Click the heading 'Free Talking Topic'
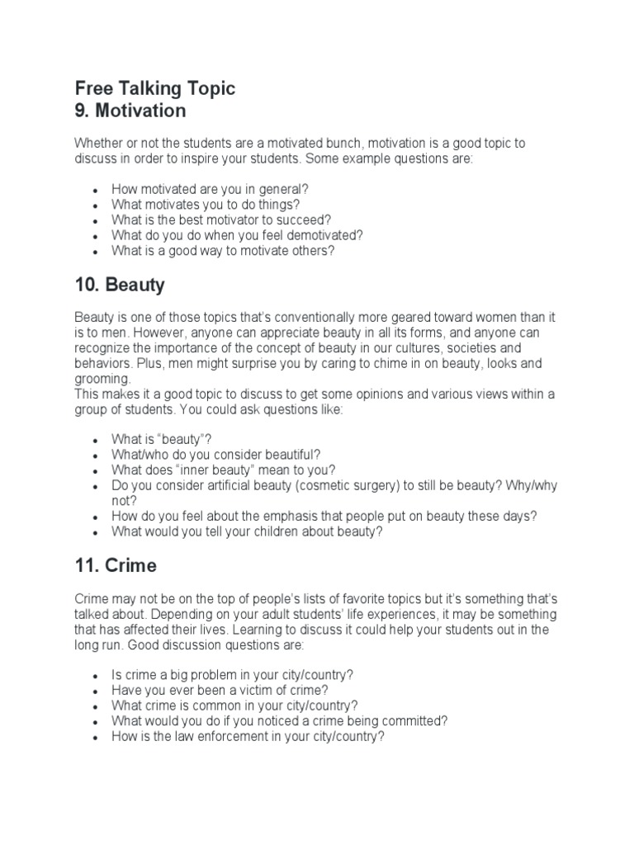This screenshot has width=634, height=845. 155,88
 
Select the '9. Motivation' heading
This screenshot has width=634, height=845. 130,111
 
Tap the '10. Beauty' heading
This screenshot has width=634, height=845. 120,286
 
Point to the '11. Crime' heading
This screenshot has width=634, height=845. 116,566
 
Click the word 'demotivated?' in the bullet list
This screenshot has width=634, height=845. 329,235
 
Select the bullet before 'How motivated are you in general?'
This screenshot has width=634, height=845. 97,190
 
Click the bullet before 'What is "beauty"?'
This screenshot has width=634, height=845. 97,440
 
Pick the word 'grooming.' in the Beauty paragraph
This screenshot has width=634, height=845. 103,380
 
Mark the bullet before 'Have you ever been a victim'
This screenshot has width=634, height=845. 97,691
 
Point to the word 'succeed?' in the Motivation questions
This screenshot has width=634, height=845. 304,220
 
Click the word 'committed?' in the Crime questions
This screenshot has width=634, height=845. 417,721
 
